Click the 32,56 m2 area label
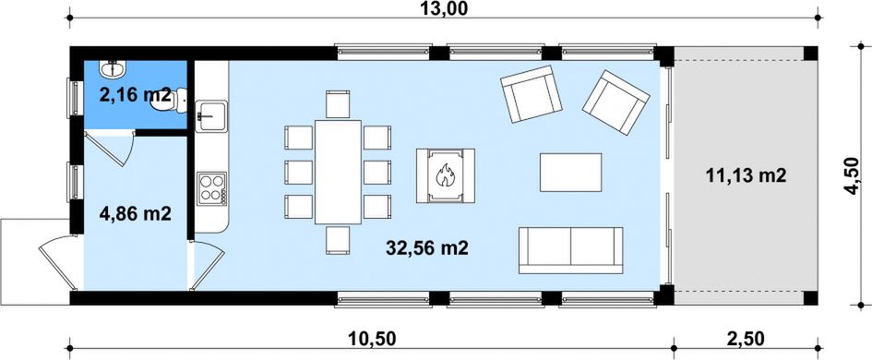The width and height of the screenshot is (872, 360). click(427, 248)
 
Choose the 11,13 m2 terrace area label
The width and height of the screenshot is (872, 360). click(746, 175)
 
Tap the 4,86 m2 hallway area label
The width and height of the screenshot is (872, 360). click(135, 213)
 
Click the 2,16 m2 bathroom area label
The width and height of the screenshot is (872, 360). click(135, 94)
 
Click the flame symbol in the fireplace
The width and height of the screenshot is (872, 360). click(445, 174)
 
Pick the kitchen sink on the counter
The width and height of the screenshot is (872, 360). click(211, 115)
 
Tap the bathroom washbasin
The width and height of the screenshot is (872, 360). click(114, 69)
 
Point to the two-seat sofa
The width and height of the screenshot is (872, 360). click(570, 250)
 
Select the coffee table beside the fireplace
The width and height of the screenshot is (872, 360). click(570, 172)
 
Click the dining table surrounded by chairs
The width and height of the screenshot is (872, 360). click(338, 172)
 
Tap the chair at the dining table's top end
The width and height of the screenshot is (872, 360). click(338, 104)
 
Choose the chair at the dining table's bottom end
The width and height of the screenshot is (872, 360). click(338, 240)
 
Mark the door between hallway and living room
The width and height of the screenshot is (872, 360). click(207, 265)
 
